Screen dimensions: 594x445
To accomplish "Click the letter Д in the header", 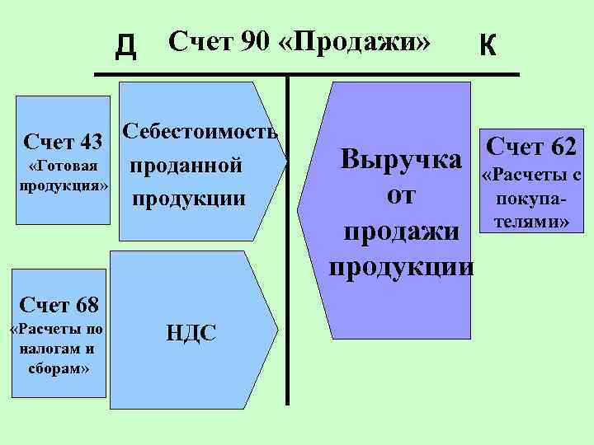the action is click(x=125, y=47).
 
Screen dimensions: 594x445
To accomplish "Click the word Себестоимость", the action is click(x=200, y=132).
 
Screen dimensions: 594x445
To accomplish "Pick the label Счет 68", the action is click(x=59, y=307).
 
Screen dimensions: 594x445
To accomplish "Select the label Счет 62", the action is click(x=532, y=148).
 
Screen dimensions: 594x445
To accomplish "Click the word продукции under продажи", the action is click(x=402, y=266).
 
